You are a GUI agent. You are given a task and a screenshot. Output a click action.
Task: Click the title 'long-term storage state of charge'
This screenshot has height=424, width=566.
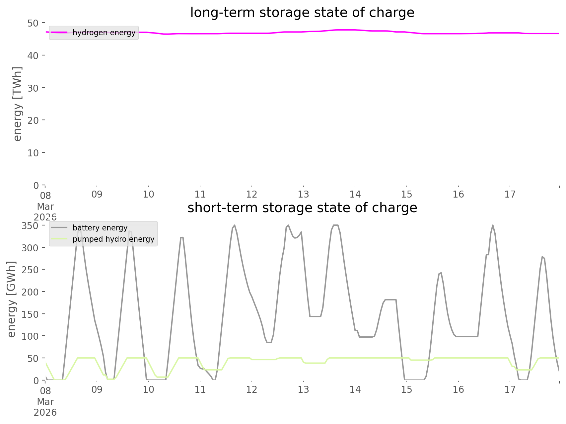302,13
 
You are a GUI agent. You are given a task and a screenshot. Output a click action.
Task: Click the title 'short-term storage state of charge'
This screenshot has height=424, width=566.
302,208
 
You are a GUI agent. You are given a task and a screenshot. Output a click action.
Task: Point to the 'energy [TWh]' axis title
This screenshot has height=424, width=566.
17,104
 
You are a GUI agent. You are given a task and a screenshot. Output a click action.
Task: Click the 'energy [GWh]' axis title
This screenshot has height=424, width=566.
12,299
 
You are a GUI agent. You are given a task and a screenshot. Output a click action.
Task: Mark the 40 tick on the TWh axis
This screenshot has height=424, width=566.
33,55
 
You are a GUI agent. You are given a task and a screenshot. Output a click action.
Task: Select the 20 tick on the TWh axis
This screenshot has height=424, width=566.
33,120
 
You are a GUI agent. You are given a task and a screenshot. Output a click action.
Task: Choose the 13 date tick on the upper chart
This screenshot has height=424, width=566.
303,194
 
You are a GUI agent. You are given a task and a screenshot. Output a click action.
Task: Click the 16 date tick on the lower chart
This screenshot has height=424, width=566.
458,389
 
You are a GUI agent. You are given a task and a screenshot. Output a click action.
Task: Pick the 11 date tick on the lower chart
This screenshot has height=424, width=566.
200,389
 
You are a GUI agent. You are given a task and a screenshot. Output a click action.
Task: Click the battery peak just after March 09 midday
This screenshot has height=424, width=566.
130,231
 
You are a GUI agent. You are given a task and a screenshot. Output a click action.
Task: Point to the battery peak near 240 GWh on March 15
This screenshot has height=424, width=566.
440,273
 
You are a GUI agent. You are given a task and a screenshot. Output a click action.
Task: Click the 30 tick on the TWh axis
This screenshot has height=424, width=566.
33,88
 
